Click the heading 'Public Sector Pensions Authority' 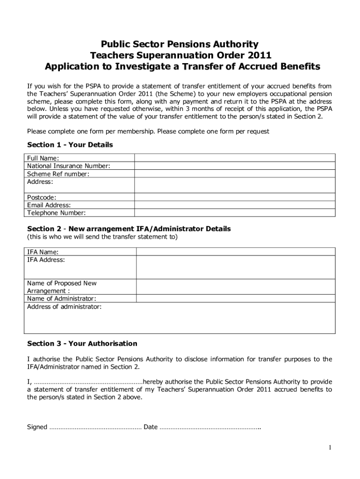click(180, 44)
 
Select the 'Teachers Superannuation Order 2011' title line click(180, 55)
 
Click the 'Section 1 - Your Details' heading click(70, 145)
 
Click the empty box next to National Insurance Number click(235, 166)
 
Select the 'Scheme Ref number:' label click(58, 174)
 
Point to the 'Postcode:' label click(42, 197)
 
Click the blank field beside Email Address click(235, 205)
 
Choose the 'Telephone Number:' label click(57, 213)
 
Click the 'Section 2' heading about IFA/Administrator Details click(129, 229)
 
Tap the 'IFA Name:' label click(40, 252)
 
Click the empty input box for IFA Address click(235, 267)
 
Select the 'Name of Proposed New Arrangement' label click(62, 287)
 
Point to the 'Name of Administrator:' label click(62, 298)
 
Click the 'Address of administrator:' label click(64, 307)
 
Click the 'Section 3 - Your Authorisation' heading click(82, 344)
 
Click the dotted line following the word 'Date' click(210, 427)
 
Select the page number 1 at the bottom click(330, 448)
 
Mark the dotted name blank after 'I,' click(88, 381)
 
